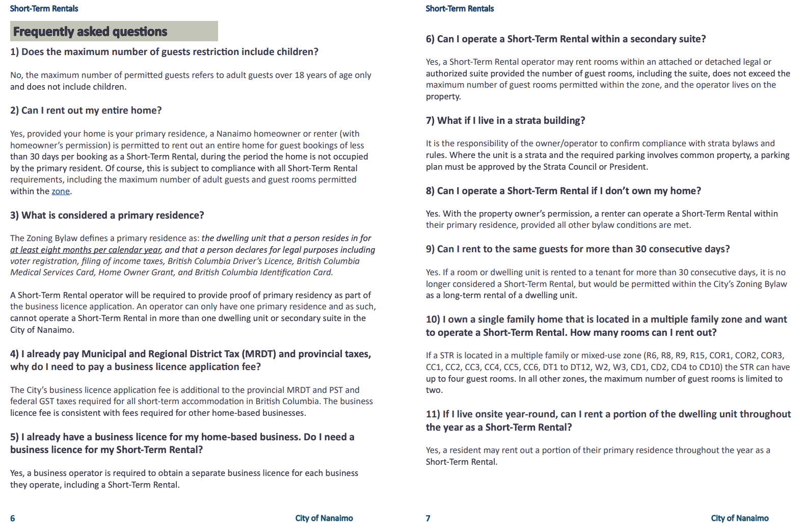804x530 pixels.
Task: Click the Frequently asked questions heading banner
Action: tap(114, 32)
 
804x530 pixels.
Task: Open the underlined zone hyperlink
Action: tap(61, 192)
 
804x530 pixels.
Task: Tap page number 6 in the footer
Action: tap(13, 518)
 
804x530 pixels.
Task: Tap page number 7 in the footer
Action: tap(428, 518)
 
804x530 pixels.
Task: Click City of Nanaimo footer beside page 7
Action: tap(739, 518)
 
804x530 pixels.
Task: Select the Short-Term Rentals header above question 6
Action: tap(460, 9)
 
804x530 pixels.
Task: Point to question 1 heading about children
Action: tap(164, 52)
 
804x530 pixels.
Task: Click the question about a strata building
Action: tap(505, 121)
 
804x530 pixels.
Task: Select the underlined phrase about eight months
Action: tap(86, 250)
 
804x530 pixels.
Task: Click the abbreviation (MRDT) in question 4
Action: tap(258, 354)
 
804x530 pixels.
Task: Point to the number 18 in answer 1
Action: tap(299, 75)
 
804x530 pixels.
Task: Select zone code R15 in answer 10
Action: tap(698, 356)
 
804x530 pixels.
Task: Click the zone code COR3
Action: tap(771, 356)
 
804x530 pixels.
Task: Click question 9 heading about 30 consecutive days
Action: tap(578, 249)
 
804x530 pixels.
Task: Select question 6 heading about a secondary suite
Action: tap(566, 39)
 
